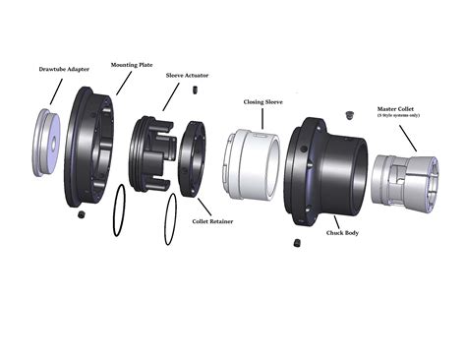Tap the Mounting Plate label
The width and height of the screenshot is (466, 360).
(x=131, y=64)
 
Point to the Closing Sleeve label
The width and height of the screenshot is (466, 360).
(x=263, y=100)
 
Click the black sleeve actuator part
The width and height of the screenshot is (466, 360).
(x=153, y=153)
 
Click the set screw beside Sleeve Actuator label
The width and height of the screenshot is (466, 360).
(x=197, y=90)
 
